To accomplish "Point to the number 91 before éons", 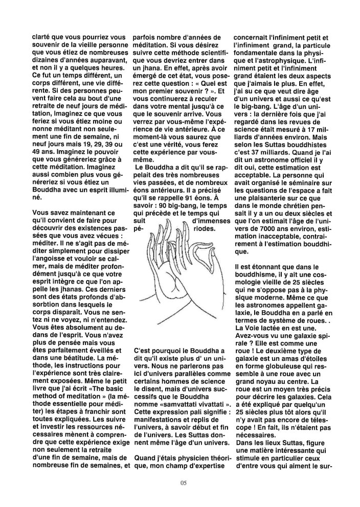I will [x=192, y=194].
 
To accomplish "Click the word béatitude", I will [x=77, y=357].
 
